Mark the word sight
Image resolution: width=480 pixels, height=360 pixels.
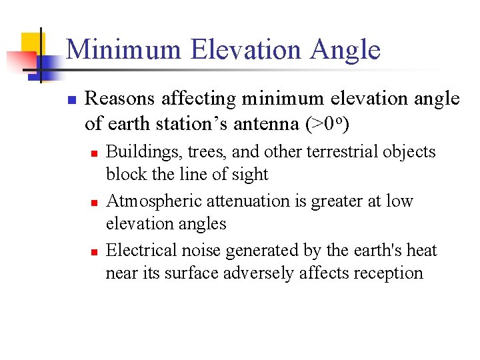(252, 175)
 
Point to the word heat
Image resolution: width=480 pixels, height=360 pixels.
(421, 250)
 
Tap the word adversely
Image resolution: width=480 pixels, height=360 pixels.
(249, 273)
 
